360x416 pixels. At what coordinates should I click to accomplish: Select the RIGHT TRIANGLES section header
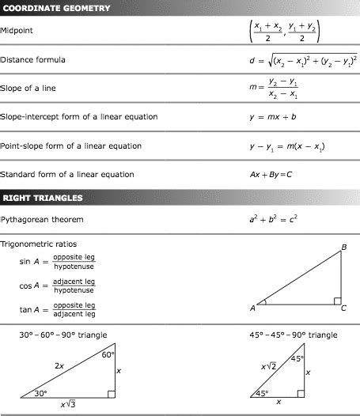(x=48, y=197)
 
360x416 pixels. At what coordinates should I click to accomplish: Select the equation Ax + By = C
(x=271, y=174)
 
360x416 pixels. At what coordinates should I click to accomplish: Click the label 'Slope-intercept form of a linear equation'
(x=78, y=117)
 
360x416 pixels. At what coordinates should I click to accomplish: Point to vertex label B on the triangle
(x=343, y=248)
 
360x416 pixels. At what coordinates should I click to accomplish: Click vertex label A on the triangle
(x=253, y=308)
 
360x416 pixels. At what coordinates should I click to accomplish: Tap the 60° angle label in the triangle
(x=108, y=354)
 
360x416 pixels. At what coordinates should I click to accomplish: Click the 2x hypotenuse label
(x=59, y=365)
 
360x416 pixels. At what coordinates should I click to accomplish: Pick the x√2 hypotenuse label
(x=268, y=366)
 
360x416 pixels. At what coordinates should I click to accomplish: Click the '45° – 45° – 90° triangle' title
(x=294, y=335)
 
